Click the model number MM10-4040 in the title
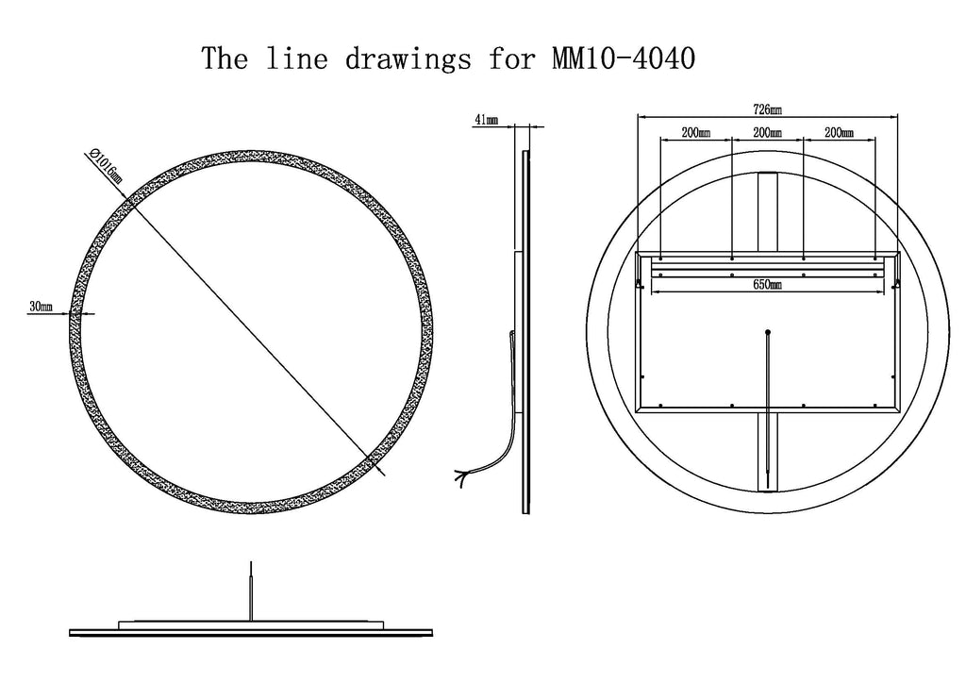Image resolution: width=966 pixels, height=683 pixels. [x=623, y=58]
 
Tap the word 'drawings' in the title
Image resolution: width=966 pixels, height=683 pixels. [x=408, y=59]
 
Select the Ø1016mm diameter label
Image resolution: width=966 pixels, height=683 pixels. [x=105, y=166]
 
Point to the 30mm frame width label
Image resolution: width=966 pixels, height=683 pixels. [x=41, y=306]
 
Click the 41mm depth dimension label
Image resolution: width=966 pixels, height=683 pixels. [x=486, y=120]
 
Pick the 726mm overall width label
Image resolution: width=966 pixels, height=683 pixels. [x=768, y=109]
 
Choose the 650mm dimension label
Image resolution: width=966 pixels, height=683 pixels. [x=768, y=285]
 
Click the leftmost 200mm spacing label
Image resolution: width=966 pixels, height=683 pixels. [x=696, y=132]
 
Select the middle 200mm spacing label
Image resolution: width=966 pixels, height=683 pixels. [x=768, y=132]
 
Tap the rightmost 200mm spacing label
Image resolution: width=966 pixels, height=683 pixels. [x=839, y=132]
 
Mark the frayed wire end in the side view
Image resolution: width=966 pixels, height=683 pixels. [x=461, y=477]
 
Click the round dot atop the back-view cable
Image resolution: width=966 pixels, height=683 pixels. [x=768, y=333]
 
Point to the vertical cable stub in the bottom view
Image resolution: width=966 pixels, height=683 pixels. [x=251, y=591]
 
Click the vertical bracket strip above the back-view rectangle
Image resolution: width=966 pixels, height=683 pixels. [x=768, y=212]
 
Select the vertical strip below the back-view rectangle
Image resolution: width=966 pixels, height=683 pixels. [x=768, y=452]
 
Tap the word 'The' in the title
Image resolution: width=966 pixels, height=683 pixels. [x=225, y=58]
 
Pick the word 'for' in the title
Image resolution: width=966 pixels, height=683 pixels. [x=511, y=59]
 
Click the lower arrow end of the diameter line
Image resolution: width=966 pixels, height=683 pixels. [x=385, y=475]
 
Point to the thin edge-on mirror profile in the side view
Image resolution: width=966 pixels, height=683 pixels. [x=525, y=332]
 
